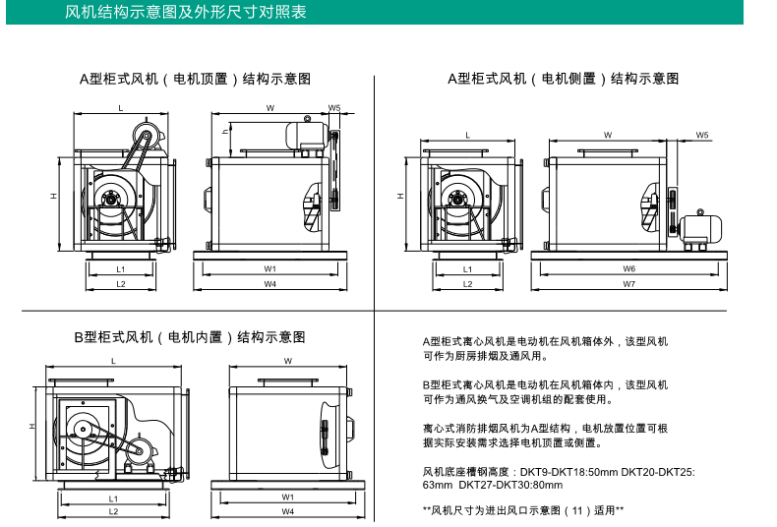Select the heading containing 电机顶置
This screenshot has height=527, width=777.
tap(196, 79)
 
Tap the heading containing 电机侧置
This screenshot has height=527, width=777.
tap(563, 79)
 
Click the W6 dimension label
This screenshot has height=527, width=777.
tap(628, 268)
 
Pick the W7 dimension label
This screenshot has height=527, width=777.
tap(628, 284)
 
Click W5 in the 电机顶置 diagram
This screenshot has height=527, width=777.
tap(334, 108)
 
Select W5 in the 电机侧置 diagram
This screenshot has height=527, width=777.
tap(702, 135)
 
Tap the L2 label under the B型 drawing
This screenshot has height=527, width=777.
tap(113, 511)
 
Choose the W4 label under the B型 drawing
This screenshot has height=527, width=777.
tap(288, 511)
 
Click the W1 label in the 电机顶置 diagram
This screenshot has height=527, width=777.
tap(269, 268)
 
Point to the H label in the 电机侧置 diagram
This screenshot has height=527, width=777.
tap(400, 197)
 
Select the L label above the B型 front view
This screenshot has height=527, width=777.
tap(113, 362)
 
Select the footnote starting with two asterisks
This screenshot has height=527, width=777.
tap(523, 510)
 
